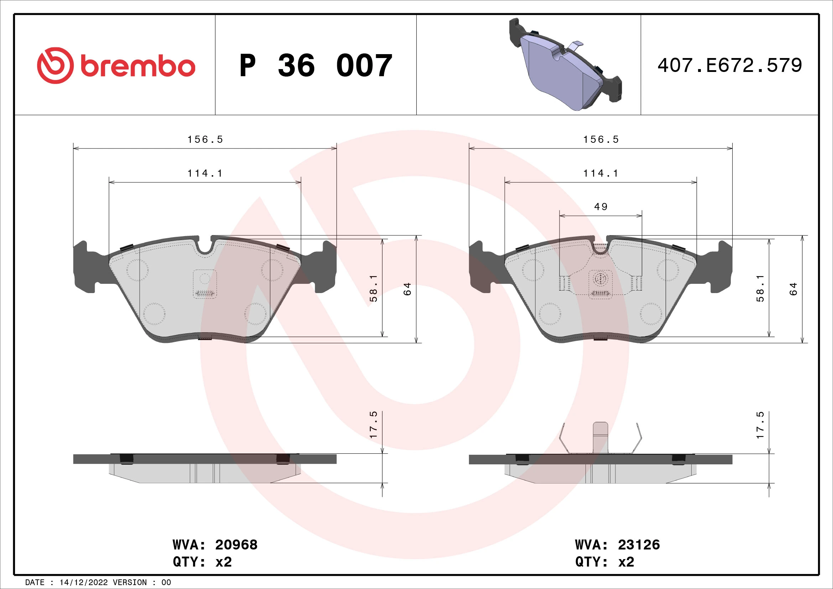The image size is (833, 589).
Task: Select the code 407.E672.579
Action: point(730,66)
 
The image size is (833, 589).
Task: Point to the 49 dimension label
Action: point(600,207)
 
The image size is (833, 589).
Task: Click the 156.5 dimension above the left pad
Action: point(205,140)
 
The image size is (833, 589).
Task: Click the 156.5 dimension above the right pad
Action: point(601,140)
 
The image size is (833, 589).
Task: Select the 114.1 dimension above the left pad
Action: point(205,173)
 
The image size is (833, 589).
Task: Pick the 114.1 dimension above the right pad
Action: point(601,173)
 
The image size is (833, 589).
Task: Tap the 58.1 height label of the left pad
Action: point(373,288)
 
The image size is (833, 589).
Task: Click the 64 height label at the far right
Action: point(793,289)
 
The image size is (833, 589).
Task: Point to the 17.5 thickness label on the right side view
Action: point(760,425)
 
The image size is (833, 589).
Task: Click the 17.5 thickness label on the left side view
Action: point(373,425)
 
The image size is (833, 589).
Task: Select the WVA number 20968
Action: point(236,545)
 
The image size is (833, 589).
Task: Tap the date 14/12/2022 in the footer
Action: point(83,583)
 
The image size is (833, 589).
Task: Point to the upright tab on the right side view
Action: point(600,437)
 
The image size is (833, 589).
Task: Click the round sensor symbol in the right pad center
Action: point(600,278)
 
